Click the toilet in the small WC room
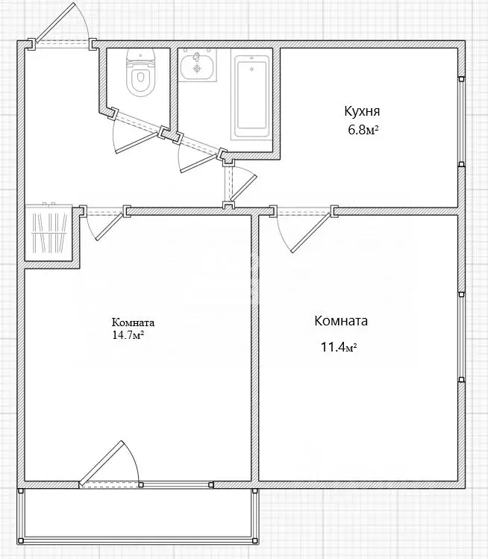140,75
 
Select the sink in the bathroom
198,66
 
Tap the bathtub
250,94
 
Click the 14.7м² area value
128,335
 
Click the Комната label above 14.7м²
133,322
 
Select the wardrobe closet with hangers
48,233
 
